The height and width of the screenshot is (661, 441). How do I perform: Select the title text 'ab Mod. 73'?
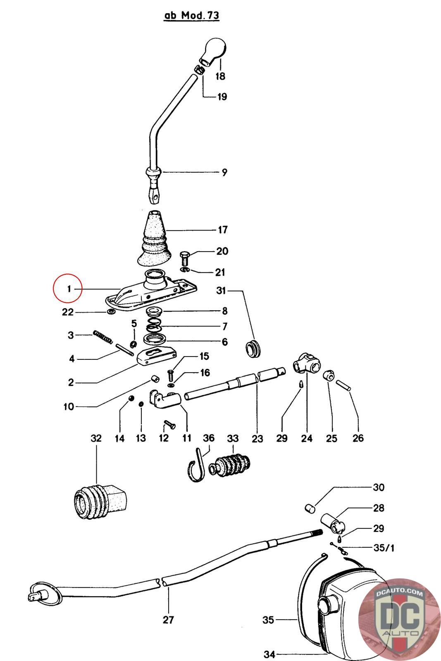(192, 15)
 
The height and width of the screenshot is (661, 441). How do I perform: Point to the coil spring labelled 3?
(103, 336)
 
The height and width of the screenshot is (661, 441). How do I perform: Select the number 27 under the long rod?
(168, 620)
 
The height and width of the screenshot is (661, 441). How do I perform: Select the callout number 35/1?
(384, 548)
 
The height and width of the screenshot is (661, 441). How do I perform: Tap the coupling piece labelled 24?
(306, 363)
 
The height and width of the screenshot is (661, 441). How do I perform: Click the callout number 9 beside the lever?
(224, 172)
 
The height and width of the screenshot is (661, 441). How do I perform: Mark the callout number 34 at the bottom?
(269, 654)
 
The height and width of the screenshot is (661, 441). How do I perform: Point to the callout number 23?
(257, 438)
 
